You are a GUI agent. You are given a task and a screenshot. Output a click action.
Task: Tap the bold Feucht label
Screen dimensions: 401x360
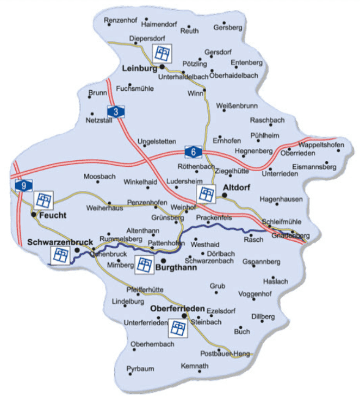coord(53,215)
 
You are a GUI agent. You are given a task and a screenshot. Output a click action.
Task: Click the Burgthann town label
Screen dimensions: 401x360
coord(173,268)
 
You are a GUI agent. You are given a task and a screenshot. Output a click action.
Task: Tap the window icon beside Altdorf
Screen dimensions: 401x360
coord(206,194)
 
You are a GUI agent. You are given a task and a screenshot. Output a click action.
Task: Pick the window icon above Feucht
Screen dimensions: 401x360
coord(44,200)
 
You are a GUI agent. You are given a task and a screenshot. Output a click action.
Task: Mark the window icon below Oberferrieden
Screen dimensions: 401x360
coord(178,328)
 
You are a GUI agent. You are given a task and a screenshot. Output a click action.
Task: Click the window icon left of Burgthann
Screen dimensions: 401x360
coord(144,265)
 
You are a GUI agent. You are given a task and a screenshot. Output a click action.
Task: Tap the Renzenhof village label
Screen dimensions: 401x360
coord(119,20)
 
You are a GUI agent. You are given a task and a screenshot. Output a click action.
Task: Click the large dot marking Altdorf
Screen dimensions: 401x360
coord(224,193)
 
